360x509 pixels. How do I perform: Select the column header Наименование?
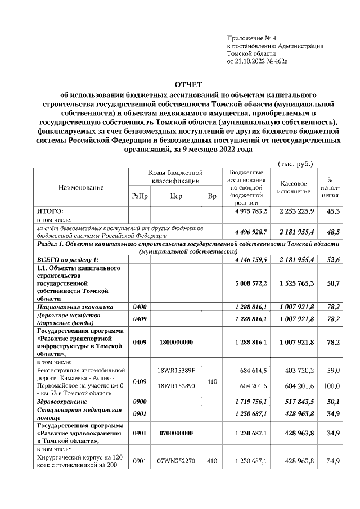[x=81, y=187]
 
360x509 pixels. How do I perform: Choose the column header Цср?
[x=175, y=196]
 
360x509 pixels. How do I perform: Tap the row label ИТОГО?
[x=49, y=211]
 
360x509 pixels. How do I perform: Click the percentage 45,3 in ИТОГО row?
[x=332, y=211]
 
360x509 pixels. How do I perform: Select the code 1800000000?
[x=175, y=341]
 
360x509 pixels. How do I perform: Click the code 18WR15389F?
[x=175, y=371]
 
